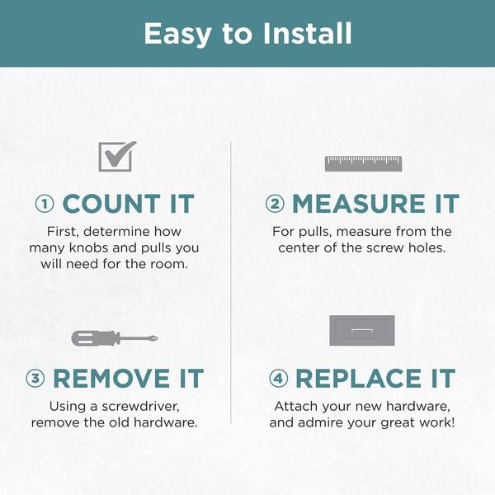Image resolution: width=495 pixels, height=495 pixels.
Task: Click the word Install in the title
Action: point(308,34)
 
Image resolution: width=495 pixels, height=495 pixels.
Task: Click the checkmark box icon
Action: point(117,156)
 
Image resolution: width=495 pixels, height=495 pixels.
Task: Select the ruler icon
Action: point(363,163)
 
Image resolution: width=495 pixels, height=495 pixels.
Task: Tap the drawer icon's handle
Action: point(362,331)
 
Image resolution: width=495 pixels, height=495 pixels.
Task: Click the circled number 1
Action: point(45,204)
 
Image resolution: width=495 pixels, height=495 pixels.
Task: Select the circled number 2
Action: point(275,204)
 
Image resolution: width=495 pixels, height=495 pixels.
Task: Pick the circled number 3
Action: point(35,378)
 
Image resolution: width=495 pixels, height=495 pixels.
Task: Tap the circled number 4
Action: point(279,378)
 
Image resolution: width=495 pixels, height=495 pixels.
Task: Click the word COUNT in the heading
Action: point(111,204)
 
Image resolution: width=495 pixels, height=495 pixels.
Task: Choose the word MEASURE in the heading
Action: point(358,204)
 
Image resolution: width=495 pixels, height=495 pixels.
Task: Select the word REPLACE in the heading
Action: point(358,378)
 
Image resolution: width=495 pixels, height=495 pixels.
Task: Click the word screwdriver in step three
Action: point(140,406)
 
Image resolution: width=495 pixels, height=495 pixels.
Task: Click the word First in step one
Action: point(64,232)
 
